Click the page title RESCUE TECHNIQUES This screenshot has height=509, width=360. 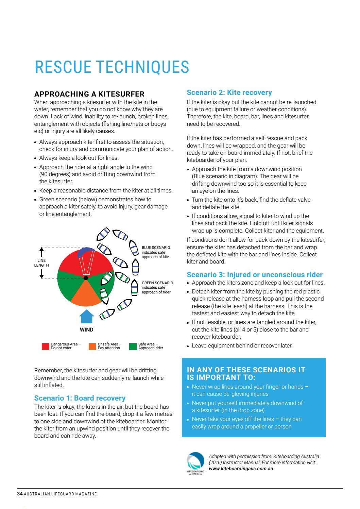pos(112,67)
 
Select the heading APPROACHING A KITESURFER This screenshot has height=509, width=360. pos(89,94)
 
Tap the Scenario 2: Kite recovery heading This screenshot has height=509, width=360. pos(229,92)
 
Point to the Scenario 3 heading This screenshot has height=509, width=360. pos(254,274)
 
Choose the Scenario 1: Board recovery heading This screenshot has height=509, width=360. pos(80,398)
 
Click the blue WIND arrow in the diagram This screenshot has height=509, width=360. pos(87,317)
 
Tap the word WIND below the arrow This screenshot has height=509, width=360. pos(87,329)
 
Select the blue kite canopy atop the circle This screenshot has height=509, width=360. pos(86,252)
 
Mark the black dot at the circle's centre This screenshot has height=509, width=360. pos(86,278)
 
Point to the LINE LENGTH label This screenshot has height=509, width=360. pos(41,263)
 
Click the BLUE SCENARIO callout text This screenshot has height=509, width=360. pos(156,252)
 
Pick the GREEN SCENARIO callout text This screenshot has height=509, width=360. pos(157,287)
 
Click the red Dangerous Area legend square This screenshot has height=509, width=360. pos(46,346)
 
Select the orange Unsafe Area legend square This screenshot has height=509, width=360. pos(92,346)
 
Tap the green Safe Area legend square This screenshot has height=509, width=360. pos(133,346)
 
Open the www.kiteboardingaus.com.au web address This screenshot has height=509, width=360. pos(241,469)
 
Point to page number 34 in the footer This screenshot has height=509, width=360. pos(20,494)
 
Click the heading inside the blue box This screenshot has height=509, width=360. pos(246,373)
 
